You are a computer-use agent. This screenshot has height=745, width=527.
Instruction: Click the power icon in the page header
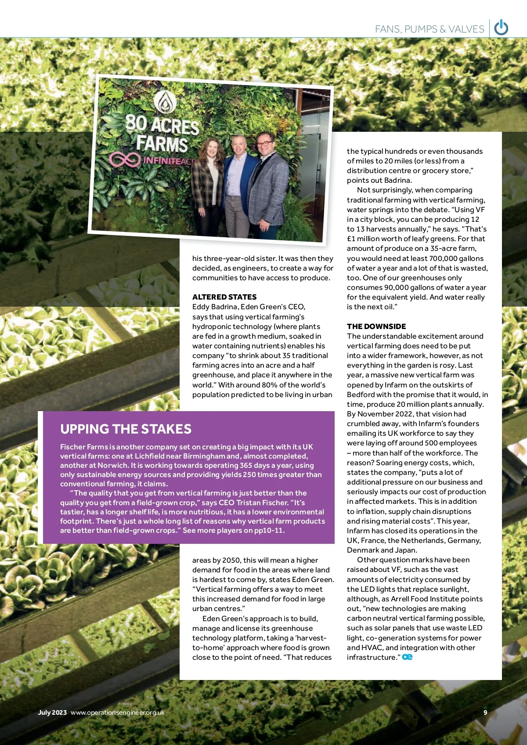point(501,28)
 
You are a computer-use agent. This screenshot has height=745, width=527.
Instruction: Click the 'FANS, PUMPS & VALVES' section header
point(429,29)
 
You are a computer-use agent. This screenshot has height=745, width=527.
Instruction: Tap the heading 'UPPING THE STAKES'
point(126,429)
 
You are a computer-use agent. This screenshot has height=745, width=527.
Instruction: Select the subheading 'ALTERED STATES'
point(224,297)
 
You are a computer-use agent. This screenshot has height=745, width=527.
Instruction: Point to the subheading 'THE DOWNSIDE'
point(376,326)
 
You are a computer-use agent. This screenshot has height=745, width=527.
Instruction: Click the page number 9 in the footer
point(485,712)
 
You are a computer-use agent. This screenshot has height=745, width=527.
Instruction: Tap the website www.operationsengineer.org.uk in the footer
point(117,712)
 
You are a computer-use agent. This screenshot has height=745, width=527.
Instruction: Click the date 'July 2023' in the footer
point(52,712)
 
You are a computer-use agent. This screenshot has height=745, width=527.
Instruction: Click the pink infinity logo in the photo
point(125,159)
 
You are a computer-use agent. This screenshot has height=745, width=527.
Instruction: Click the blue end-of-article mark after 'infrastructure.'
point(407,657)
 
